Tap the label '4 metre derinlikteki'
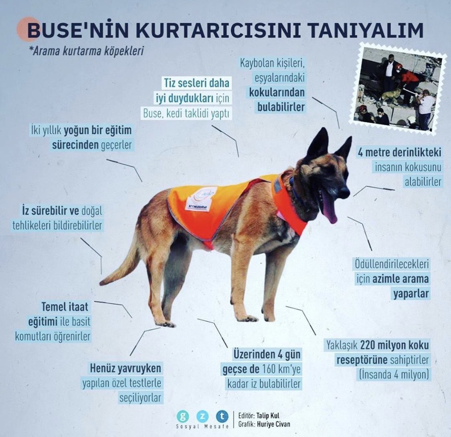point(399,153)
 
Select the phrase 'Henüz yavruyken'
point(125,368)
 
